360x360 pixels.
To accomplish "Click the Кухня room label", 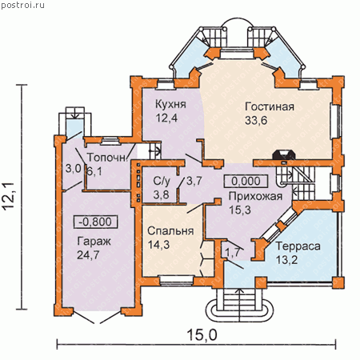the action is point(170,104).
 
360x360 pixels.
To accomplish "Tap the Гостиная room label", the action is point(270,106).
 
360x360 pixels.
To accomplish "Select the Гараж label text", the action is point(94,242).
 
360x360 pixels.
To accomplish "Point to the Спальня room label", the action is point(170,231).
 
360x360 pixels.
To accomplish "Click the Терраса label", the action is point(298,246).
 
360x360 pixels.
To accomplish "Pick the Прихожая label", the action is point(255,197).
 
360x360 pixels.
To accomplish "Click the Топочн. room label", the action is point(106,158).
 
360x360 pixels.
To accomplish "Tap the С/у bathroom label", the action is point(162,182).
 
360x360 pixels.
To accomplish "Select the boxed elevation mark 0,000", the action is point(246,181).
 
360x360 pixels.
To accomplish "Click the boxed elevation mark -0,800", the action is point(95,222).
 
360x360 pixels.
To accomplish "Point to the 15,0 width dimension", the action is point(202,334).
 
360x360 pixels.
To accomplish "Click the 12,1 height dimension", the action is point(9,197).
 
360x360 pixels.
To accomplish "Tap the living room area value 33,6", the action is point(256,121).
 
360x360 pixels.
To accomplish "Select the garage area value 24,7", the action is point(88,255).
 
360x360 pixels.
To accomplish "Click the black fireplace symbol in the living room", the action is point(283,156).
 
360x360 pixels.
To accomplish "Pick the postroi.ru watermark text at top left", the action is point(22,5).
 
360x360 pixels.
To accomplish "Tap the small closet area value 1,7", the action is point(233,253).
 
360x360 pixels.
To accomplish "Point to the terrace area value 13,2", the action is point(286,260).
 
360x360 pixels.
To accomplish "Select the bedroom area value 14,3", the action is point(158,245).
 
